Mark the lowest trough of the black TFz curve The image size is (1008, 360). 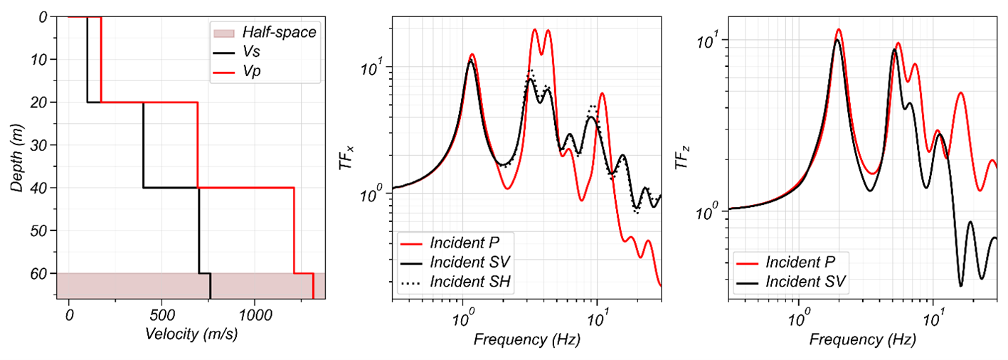(961, 285)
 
